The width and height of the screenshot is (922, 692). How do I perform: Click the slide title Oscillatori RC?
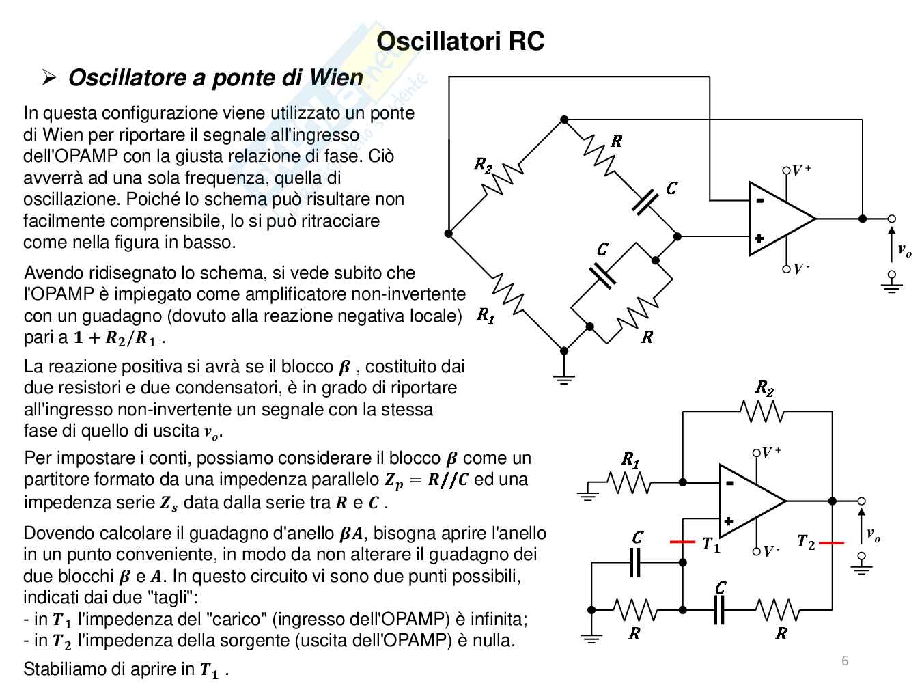coord(460,41)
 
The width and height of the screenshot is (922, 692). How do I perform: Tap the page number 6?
coord(845,661)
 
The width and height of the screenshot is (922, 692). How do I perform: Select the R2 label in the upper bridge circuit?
coord(483,165)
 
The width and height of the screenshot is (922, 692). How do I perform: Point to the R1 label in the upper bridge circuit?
coord(485,315)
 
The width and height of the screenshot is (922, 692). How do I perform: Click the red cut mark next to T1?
coord(682,542)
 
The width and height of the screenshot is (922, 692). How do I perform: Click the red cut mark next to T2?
coord(832,543)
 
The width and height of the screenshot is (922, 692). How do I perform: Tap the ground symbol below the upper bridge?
coord(563,380)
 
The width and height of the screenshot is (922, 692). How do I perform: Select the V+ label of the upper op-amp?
coord(801,170)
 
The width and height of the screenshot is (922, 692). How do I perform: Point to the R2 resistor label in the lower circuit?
coord(764,388)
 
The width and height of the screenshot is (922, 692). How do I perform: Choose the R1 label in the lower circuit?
coord(630,459)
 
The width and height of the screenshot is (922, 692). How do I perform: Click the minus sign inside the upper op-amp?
coord(759,200)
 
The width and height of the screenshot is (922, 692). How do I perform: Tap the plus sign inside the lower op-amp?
coord(729,521)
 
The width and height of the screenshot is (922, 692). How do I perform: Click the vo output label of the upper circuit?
coord(904,251)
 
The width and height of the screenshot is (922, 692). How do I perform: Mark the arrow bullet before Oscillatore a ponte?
coord(48,78)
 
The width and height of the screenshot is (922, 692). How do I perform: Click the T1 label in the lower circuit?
coord(711,545)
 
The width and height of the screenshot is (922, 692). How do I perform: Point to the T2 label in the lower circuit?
coord(806,542)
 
